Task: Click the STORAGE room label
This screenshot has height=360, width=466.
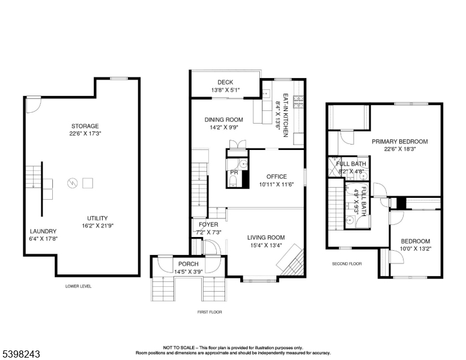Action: click(x=85, y=126)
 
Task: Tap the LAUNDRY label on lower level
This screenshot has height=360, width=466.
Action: click(x=43, y=231)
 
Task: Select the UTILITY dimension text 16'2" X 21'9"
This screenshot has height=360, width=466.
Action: click(x=98, y=226)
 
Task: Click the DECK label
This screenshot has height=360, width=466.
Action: click(x=225, y=82)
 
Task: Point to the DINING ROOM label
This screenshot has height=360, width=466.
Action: click(x=224, y=120)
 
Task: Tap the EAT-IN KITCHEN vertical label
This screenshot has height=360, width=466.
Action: click(x=285, y=115)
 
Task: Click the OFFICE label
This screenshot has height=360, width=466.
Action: click(x=277, y=177)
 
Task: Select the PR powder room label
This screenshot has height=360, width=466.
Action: click(x=234, y=172)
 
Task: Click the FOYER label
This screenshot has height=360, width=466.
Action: click(x=208, y=224)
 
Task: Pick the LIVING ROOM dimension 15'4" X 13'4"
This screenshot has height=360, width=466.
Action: click(x=266, y=245)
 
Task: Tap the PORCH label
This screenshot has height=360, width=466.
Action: click(x=189, y=264)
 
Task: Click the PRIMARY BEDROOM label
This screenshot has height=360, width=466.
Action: click(x=400, y=142)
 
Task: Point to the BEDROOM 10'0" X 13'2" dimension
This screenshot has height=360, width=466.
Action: click(x=416, y=248)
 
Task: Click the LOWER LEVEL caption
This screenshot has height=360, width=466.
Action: click(x=79, y=286)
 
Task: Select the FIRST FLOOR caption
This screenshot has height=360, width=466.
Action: click(x=210, y=312)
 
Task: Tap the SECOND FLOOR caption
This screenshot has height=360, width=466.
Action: click(x=347, y=264)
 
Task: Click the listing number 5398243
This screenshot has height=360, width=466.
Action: click(x=21, y=354)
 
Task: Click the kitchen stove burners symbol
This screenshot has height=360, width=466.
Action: click(x=298, y=102)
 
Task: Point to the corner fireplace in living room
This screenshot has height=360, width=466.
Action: click(x=291, y=260)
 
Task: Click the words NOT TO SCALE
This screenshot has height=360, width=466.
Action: click(x=179, y=347)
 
